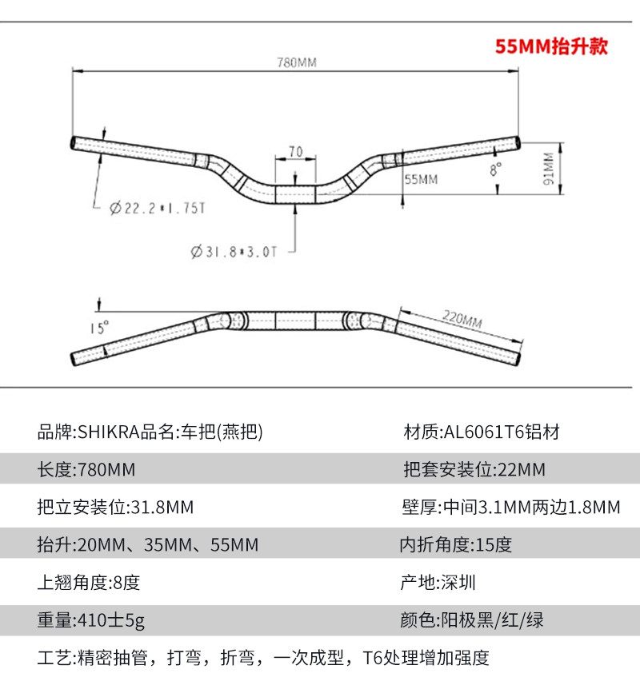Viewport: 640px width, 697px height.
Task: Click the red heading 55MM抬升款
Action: click(x=551, y=46)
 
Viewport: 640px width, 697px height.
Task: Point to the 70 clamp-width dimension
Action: click(x=295, y=151)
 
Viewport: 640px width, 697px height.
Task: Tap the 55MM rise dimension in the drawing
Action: click(x=422, y=180)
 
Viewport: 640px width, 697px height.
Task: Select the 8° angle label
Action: click(x=497, y=170)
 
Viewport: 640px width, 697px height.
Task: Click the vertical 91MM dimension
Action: click(x=548, y=169)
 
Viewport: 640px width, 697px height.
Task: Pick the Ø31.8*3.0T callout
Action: click(x=234, y=252)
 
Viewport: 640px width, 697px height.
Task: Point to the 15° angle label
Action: click(x=98, y=327)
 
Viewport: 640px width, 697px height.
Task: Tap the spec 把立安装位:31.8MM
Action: click(x=116, y=508)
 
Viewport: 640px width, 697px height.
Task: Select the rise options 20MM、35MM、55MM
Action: click(x=148, y=545)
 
